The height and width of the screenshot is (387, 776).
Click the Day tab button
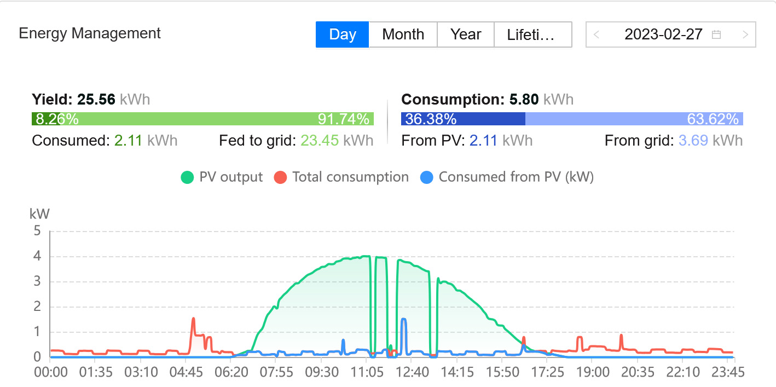(343, 34)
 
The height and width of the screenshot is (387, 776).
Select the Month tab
(403, 34)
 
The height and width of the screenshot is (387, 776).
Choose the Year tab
(466, 34)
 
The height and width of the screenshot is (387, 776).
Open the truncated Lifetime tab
(531, 34)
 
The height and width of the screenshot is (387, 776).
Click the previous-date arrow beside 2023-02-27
(597, 34)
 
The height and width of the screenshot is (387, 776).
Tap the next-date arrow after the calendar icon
(745, 34)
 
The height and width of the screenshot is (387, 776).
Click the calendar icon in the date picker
(716, 34)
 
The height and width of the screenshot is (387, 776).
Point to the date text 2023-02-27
(663, 34)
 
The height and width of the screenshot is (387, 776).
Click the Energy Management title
(90, 33)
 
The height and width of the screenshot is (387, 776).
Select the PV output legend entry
(222, 177)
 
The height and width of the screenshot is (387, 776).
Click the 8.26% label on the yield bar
(55, 119)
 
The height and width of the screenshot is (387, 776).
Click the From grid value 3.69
(692, 141)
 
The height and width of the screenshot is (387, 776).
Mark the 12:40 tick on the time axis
(412, 372)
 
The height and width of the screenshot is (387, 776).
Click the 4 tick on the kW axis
(37, 256)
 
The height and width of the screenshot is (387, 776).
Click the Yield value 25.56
(96, 100)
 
